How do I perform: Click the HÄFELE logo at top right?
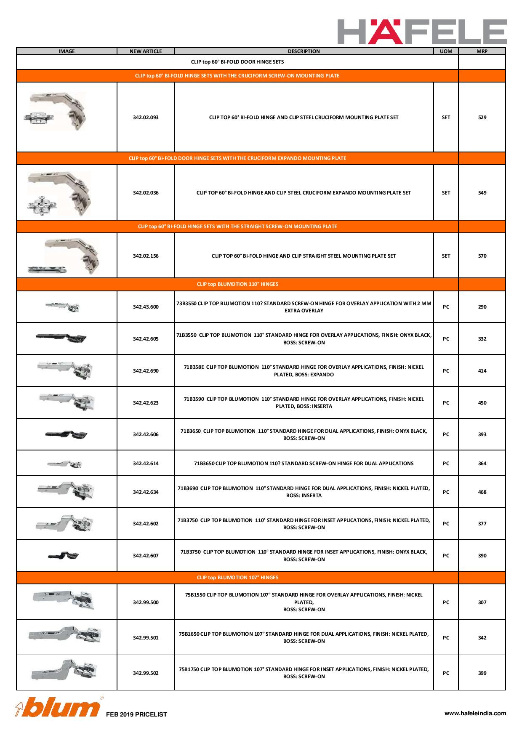click(422, 32)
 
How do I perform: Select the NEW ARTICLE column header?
click(146, 51)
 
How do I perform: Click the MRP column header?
click(482, 51)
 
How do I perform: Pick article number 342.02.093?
click(146, 117)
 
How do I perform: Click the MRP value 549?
click(482, 193)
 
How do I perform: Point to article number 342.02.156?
click(146, 256)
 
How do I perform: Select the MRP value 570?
click(482, 256)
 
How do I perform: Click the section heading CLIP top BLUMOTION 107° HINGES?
click(237, 578)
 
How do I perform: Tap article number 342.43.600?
click(146, 307)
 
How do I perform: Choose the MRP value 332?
click(482, 339)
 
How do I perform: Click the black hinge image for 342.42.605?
click(61, 337)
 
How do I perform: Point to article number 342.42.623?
click(146, 403)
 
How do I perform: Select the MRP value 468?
click(482, 492)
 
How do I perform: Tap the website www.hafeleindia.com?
click(475, 713)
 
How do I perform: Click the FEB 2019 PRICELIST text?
click(136, 714)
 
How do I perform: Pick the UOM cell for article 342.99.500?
click(446, 602)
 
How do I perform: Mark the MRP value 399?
click(482, 673)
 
